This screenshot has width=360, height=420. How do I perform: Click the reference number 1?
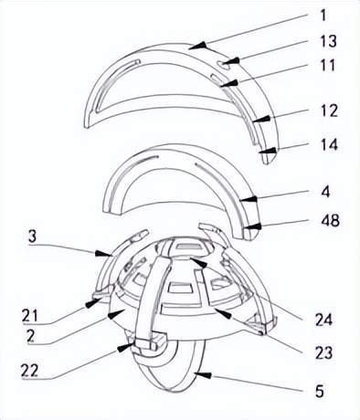(323, 16)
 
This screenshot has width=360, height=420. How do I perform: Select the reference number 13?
(328, 41)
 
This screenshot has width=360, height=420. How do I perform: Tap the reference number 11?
(328, 65)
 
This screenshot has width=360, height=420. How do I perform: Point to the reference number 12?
(330, 110)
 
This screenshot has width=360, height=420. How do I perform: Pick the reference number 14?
(330, 144)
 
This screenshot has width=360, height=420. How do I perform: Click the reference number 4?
(326, 192)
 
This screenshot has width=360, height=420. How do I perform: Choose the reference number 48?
(331, 220)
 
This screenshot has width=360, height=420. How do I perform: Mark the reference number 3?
(33, 236)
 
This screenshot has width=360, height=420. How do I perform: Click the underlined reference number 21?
(29, 316)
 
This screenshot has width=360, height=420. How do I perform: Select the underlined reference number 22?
(29, 371)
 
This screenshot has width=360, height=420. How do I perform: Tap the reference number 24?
(323, 320)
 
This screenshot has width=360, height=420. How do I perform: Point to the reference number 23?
(323, 353)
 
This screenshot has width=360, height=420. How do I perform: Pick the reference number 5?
(320, 392)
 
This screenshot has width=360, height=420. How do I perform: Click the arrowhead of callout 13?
(231, 61)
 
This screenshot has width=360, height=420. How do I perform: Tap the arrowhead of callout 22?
(126, 347)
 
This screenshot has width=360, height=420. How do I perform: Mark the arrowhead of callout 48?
(253, 226)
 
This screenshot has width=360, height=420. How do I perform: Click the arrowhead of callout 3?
(103, 253)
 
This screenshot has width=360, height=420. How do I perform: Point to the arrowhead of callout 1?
(200, 46)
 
